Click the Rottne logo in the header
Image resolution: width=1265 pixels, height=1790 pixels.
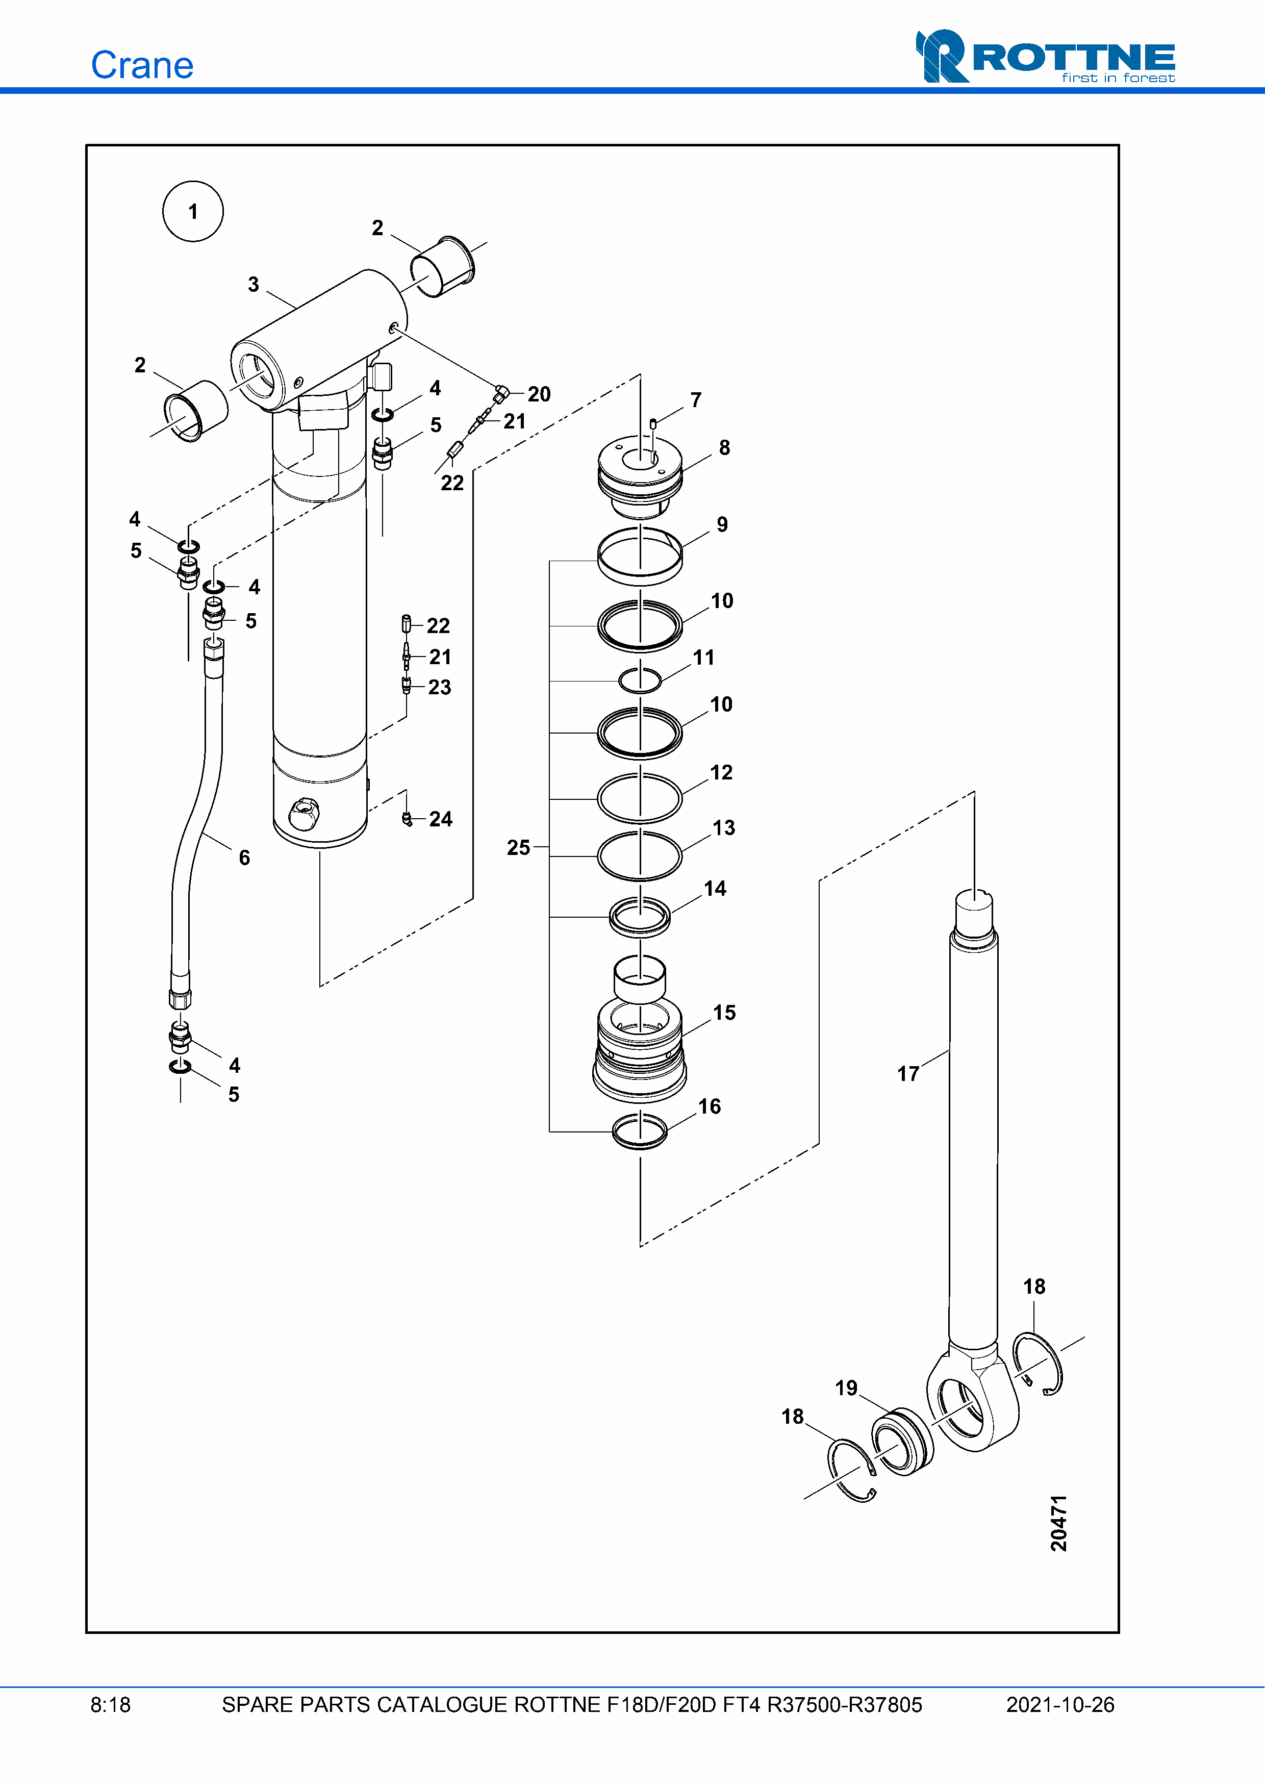click(x=1045, y=56)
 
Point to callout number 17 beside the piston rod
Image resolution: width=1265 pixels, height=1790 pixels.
click(x=908, y=1073)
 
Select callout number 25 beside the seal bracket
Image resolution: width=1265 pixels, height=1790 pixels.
click(x=518, y=847)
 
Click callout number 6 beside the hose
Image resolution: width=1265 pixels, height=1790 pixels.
click(x=244, y=858)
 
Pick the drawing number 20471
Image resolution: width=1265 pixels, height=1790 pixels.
click(x=1058, y=1523)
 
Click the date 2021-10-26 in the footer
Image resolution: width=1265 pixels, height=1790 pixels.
click(x=1060, y=1705)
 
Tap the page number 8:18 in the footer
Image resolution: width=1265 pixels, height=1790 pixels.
click(x=111, y=1705)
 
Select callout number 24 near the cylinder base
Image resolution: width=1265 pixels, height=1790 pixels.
click(x=440, y=819)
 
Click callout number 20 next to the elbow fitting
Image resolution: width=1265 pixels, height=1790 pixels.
click(x=539, y=394)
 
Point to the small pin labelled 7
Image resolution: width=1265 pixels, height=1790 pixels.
click(x=653, y=423)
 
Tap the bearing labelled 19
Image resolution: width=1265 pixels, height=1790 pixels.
click(x=902, y=1442)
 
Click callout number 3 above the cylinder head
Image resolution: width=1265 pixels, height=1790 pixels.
click(x=254, y=285)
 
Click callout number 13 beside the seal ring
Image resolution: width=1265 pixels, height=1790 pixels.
click(x=723, y=828)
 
